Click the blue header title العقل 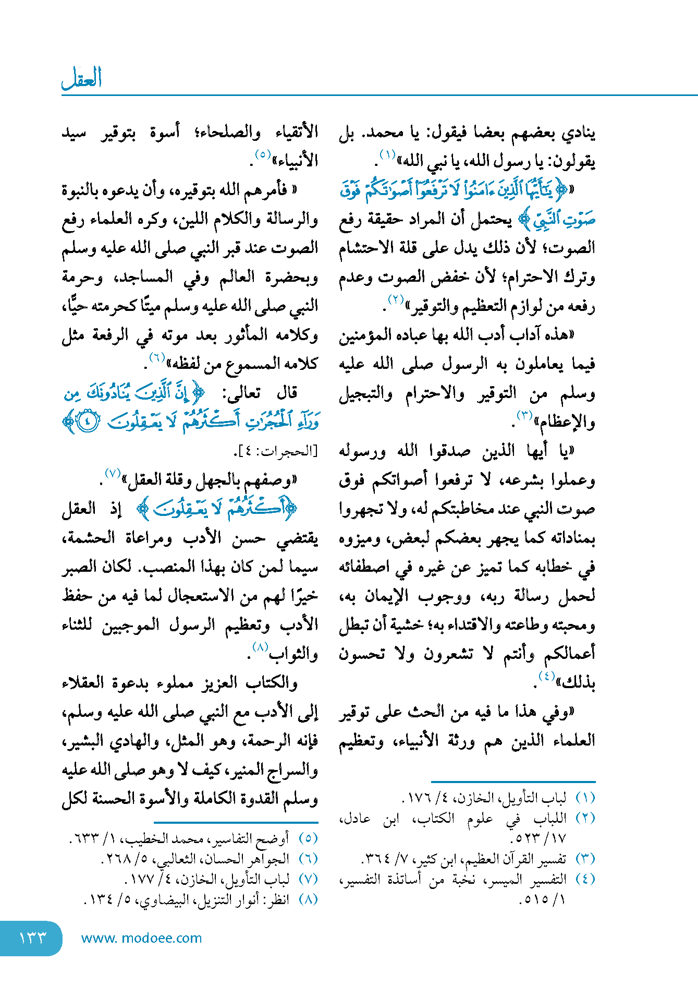pyautogui.click(x=81, y=79)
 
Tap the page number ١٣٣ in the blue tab pyautogui.click(x=32, y=937)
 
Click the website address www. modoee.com pyautogui.click(x=141, y=938)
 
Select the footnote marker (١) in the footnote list pyautogui.click(x=585, y=798)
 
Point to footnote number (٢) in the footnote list pyautogui.click(x=585, y=818)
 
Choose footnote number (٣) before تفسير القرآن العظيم pyautogui.click(x=585, y=858)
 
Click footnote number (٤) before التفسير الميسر pyautogui.click(x=585, y=879)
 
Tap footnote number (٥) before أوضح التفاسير pyautogui.click(x=308, y=838)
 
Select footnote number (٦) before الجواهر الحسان pyautogui.click(x=308, y=858)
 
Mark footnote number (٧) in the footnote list pyautogui.click(x=308, y=879)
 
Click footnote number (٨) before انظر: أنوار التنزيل pyautogui.click(x=308, y=899)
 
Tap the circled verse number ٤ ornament pyautogui.click(x=87, y=422)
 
